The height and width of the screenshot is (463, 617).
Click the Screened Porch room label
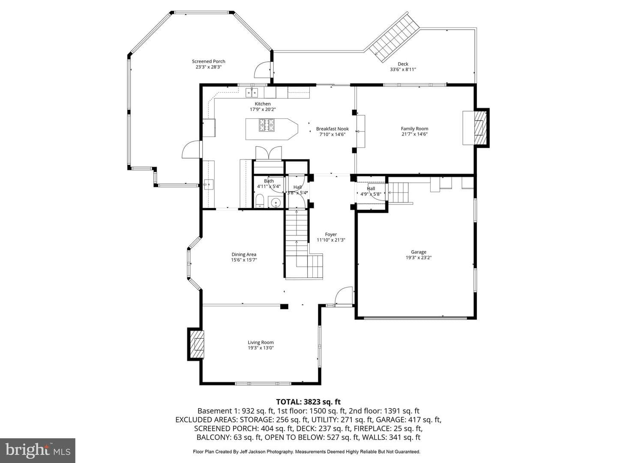(208, 61)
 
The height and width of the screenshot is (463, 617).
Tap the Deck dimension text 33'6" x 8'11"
(402, 69)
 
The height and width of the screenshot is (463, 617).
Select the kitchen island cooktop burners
(267, 125)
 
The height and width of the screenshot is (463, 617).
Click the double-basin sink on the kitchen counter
(252, 92)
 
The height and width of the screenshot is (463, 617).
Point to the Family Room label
(414, 129)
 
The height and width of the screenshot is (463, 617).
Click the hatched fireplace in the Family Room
(480, 128)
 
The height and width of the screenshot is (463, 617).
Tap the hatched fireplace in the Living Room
(197, 344)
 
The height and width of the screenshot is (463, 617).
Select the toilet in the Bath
(260, 201)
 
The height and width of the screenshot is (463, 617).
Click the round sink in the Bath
(276, 202)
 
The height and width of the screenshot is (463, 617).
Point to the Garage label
(418, 252)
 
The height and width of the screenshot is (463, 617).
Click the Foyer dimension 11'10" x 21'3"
(330, 240)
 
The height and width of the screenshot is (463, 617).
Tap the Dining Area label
(244, 255)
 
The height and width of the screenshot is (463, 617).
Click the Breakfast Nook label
(332, 129)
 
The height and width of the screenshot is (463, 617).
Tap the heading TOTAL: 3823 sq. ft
(308, 402)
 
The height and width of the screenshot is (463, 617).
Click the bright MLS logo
(38, 450)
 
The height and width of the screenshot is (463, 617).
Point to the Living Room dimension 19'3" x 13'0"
(261, 348)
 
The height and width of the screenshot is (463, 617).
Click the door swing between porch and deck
(263, 70)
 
